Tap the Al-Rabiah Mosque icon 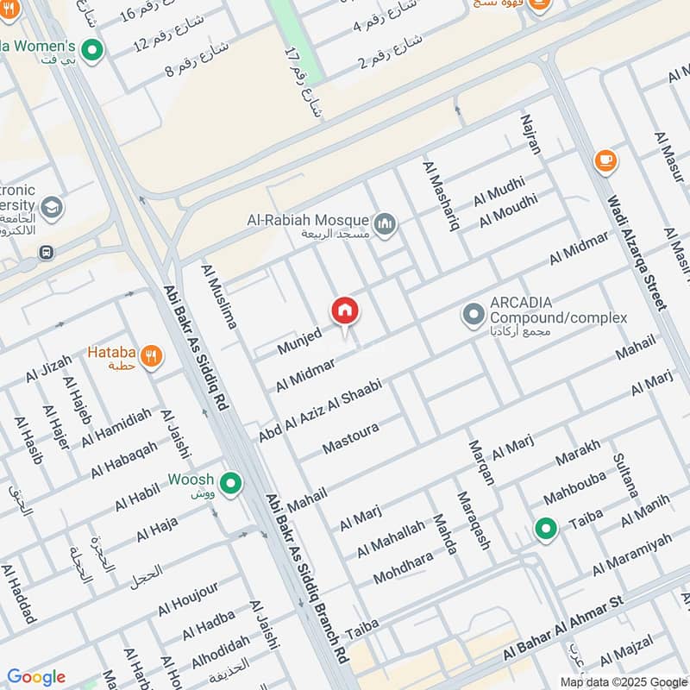(385, 225)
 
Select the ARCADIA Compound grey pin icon (473, 315)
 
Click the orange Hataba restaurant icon (152, 355)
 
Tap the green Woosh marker (230, 484)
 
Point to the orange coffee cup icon (605, 160)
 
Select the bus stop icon (46, 253)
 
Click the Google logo (36, 677)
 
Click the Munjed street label (299, 341)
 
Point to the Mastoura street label (351, 438)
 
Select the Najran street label (530, 134)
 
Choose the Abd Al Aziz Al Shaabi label (319, 410)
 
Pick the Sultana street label (624, 475)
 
